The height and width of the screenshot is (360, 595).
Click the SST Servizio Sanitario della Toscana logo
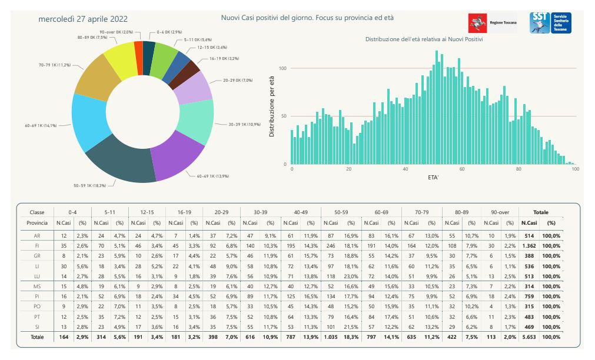pos(550,23)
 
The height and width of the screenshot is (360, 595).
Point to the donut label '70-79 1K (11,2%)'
pos(54,64)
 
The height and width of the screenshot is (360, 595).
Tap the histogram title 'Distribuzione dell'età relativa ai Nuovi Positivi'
pos(424,39)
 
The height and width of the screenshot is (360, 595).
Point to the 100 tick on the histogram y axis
pos(282,68)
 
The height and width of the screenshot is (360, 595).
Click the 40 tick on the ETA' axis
pos(405,169)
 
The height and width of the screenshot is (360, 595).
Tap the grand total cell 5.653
pos(529,337)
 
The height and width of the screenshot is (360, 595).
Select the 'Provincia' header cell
pos(37,223)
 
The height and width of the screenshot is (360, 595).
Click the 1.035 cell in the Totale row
pos(330,337)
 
